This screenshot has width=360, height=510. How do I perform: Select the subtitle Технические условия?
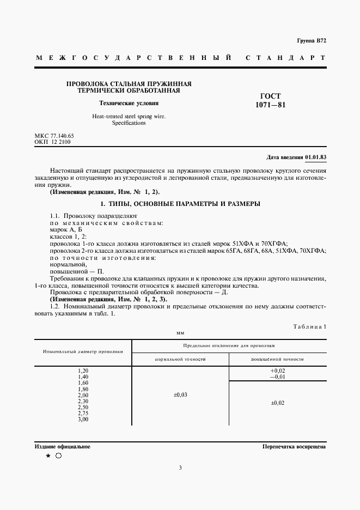tap(129, 103)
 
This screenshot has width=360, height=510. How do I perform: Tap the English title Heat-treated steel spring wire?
tap(129, 116)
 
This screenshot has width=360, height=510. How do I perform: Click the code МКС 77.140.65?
tap(54, 135)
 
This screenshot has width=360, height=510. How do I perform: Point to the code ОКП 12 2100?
tap(52, 142)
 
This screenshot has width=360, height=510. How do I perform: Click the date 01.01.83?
tap(315, 157)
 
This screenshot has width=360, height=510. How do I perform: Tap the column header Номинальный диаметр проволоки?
tap(83, 351)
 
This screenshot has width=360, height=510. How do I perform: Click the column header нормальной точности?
tap(180, 360)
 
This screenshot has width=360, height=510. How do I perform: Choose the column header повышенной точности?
tap(277, 360)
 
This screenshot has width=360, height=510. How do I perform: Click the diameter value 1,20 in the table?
tap(83, 371)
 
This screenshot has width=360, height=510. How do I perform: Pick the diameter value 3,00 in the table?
tap(83, 419)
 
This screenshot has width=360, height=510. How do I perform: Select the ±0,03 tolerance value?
tap(180, 395)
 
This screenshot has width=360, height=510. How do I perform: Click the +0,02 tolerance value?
tap(277, 371)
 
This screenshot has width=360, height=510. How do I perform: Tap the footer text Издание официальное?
tap(62, 446)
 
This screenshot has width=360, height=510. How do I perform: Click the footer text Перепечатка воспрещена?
tap(294, 446)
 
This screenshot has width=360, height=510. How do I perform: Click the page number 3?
tap(180, 467)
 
